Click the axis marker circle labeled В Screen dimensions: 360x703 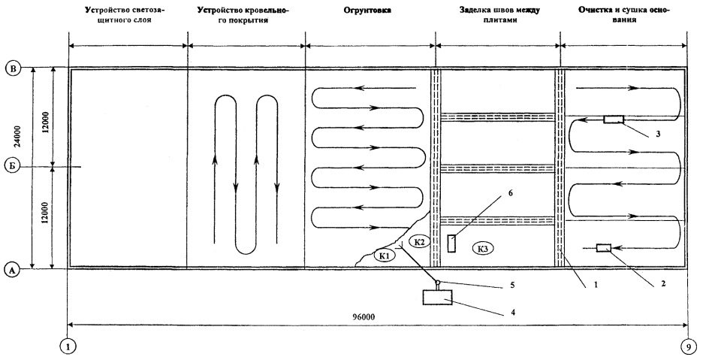11,68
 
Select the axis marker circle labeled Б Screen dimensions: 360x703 11,166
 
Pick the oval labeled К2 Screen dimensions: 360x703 420,241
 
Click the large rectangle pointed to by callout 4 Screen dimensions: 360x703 437,298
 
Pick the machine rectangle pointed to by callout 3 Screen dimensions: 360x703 613,119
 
